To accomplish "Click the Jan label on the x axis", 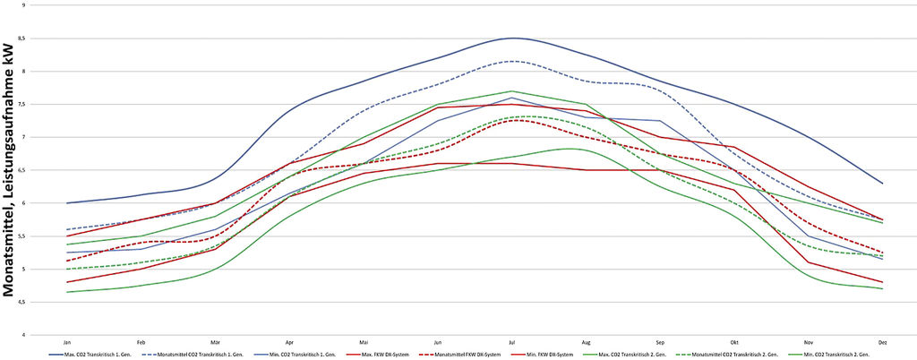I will pos(67,342).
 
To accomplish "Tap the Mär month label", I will pos(215,342).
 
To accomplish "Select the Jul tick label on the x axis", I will pos(511,342).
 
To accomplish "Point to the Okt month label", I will pos(733,342).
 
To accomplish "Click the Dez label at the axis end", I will pos(882,342).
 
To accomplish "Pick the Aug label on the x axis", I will pos(586,342).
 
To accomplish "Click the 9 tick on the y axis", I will pos(36,5).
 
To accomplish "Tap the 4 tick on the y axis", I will pos(36,335).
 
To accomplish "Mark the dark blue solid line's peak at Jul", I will pos(512,38).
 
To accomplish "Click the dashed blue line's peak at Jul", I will pos(512,61).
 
